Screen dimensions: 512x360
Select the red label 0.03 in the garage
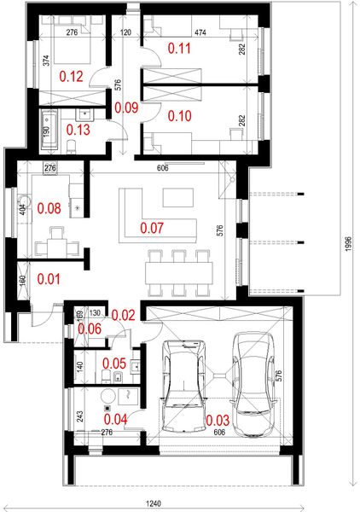(x=218, y=420)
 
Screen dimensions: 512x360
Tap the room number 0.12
(x=71, y=77)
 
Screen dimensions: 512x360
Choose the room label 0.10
(x=181, y=115)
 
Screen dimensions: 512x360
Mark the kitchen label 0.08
(x=50, y=207)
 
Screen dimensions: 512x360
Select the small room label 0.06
(x=90, y=329)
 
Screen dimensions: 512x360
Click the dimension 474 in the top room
(x=200, y=32)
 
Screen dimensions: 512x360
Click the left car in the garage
(x=182, y=383)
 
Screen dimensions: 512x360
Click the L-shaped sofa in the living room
(x=136, y=213)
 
